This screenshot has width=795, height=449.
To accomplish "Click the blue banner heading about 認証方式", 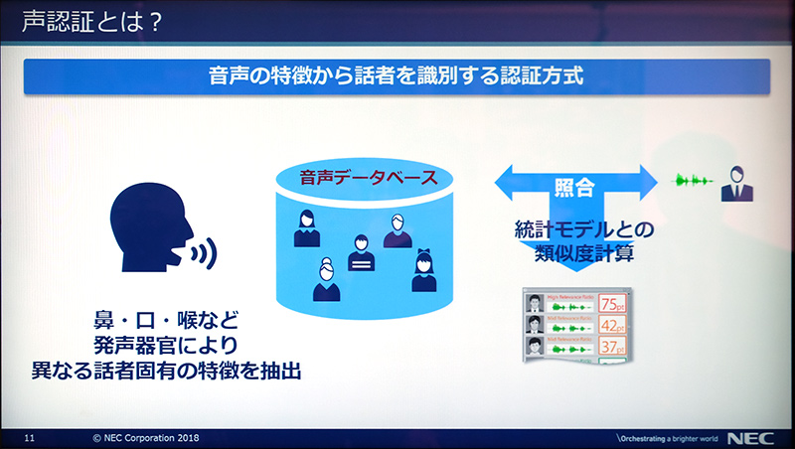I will point(397,76).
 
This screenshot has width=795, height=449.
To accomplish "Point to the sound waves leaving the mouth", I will point(204,255).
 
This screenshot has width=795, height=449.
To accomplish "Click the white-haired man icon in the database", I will point(397,231).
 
